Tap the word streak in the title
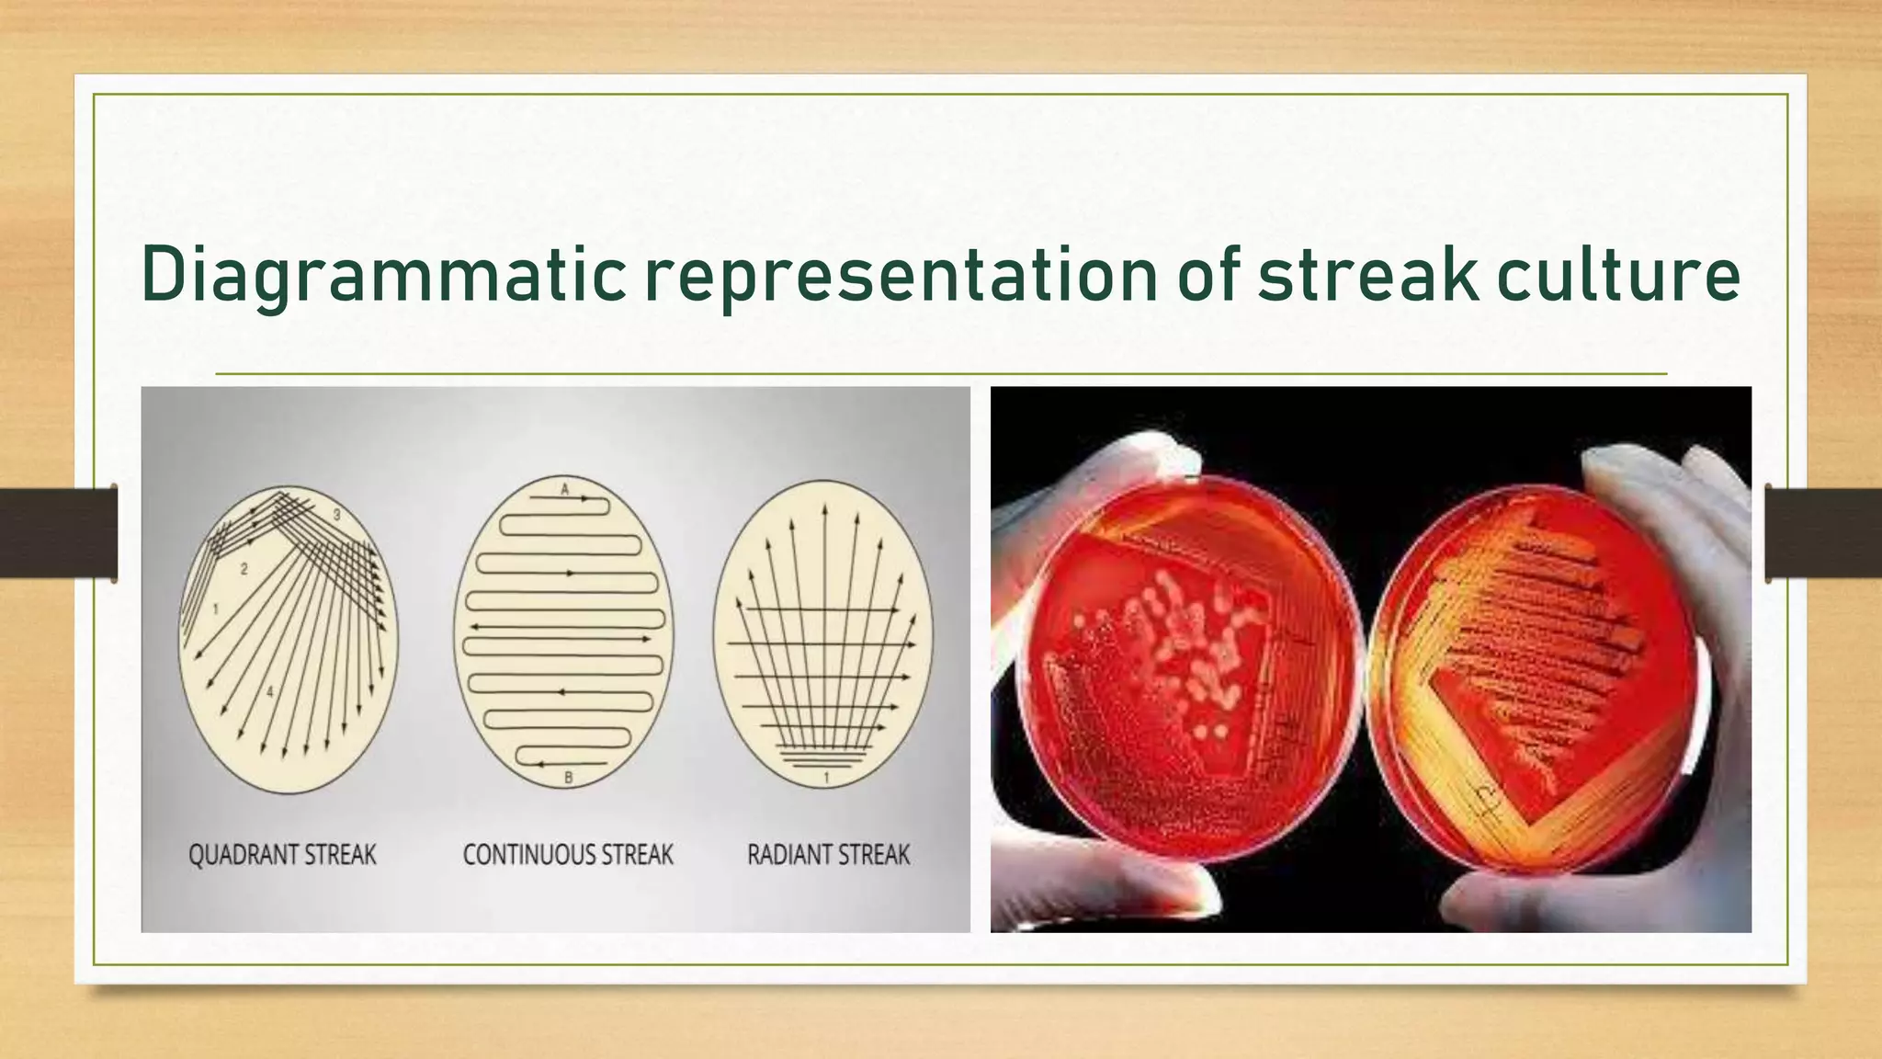1368,274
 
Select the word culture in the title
1618,274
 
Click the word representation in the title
901,274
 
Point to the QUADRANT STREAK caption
282,855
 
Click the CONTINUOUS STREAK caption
568,855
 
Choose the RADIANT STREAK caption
828,855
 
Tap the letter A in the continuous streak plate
565,490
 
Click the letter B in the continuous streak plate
568,779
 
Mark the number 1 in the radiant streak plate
826,779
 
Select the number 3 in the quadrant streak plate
336,516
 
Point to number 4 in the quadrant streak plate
269,691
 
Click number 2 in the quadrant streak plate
244,569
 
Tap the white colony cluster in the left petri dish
1181,643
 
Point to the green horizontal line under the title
941,374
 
